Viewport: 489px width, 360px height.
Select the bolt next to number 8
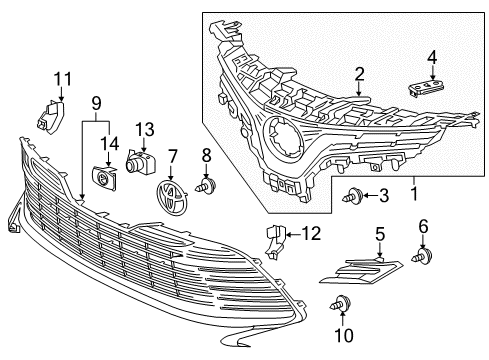point(206,185)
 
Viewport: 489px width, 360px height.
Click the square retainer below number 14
point(102,177)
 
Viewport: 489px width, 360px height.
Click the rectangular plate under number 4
point(428,86)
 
